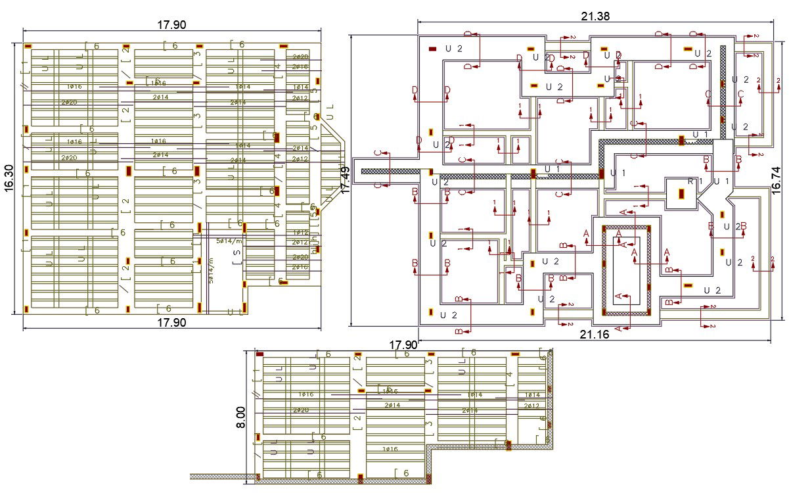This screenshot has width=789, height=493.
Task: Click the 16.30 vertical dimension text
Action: click(9, 177)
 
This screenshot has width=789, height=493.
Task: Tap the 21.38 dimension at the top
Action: click(595, 16)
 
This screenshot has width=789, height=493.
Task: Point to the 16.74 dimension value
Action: click(777, 178)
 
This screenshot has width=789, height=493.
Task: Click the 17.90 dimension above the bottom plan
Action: click(403, 345)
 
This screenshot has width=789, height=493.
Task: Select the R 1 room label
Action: click(695, 181)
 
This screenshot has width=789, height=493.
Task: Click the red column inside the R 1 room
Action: click(682, 194)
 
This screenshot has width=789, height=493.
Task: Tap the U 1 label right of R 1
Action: click(721, 181)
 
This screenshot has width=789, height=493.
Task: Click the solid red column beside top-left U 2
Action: click(433, 49)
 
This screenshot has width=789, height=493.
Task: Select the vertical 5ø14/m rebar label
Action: click(211, 270)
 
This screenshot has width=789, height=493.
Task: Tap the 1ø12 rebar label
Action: click(300, 233)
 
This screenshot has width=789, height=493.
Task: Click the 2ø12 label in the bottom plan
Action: click(531, 406)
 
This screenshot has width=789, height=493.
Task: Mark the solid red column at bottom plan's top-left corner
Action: click(259, 354)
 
